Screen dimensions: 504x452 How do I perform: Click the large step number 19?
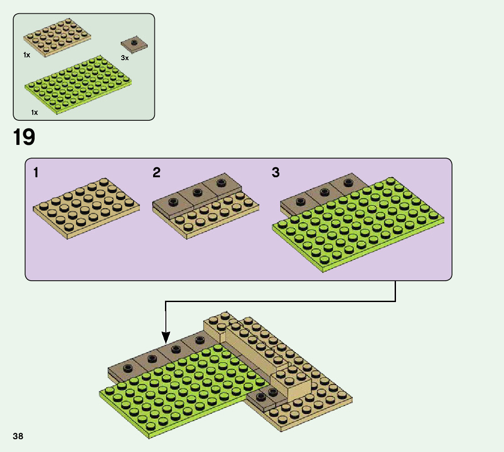coord(24,138)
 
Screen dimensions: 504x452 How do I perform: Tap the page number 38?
coord(18,437)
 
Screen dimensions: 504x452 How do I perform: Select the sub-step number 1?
coord(36,173)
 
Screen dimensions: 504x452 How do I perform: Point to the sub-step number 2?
coord(157,173)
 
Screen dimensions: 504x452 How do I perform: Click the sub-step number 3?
coord(276,173)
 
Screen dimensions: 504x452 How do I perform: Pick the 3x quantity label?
coord(124,58)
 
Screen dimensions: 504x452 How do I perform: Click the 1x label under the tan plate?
coord(26,55)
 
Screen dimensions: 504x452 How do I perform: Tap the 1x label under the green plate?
coord(34,112)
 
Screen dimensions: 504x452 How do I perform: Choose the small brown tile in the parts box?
coord(134,45)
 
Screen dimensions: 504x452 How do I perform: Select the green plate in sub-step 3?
coord(358,223)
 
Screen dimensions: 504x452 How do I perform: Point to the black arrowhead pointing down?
coord(165,338)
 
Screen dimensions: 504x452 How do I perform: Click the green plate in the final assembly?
coord(182,387)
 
